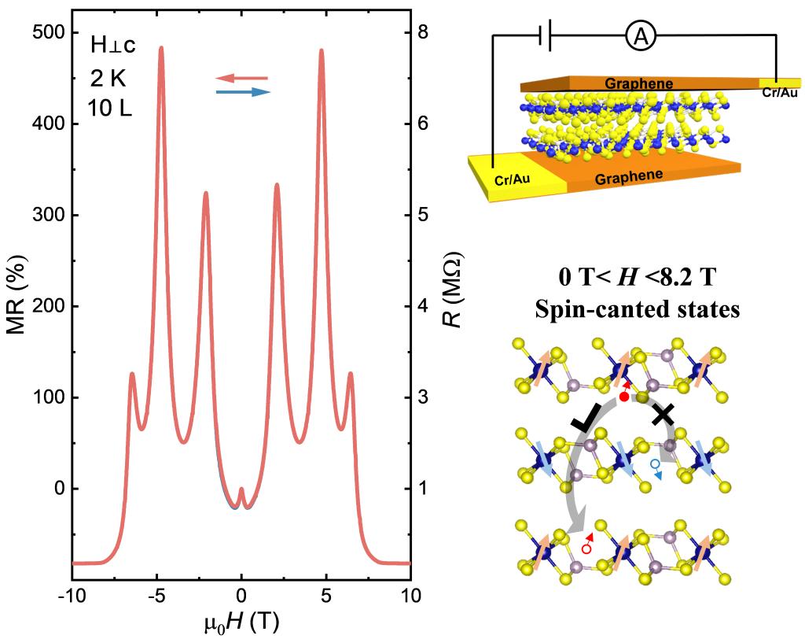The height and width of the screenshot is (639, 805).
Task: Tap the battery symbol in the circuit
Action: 545,36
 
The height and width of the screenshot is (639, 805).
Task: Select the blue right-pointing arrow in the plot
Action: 244,92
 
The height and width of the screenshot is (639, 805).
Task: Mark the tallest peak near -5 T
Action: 161,49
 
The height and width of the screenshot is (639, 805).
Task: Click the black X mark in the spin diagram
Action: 662,413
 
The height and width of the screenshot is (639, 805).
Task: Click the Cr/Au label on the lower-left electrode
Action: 512,179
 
